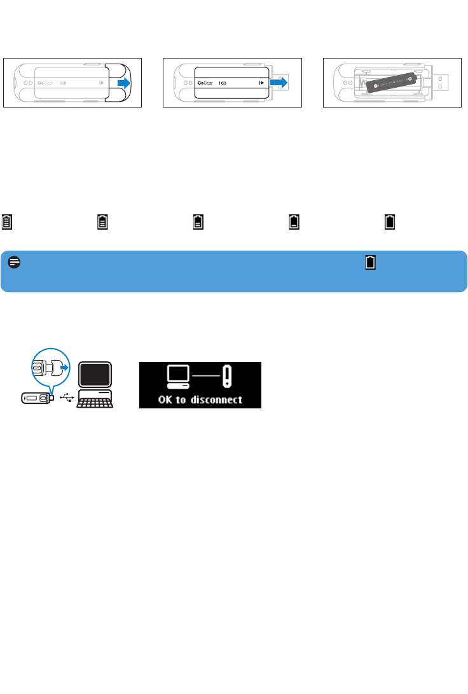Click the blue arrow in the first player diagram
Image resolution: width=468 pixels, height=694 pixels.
pyautogui.click(x=123, y=83)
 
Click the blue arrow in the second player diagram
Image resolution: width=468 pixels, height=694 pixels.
pyautogui.click(x=279, y=83)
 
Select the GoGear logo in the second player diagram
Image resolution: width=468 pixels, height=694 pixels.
pyautogui.click(x=205, y=83)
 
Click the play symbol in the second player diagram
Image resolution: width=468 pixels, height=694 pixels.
pyautogui.click(x=261, y=83)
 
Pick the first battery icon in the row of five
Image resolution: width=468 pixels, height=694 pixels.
pyautogui.click(x=7, y=221)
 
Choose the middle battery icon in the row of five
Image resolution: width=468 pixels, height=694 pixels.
pyautogui.click(x=198, y=221)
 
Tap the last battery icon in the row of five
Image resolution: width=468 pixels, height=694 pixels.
pyautogui.click(x=388, y=221)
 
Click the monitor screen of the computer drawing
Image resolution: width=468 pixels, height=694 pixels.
pyautogui.click(x=95, y=375)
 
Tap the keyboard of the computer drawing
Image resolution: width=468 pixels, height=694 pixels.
pyautogui.click(x=95, y=401)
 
